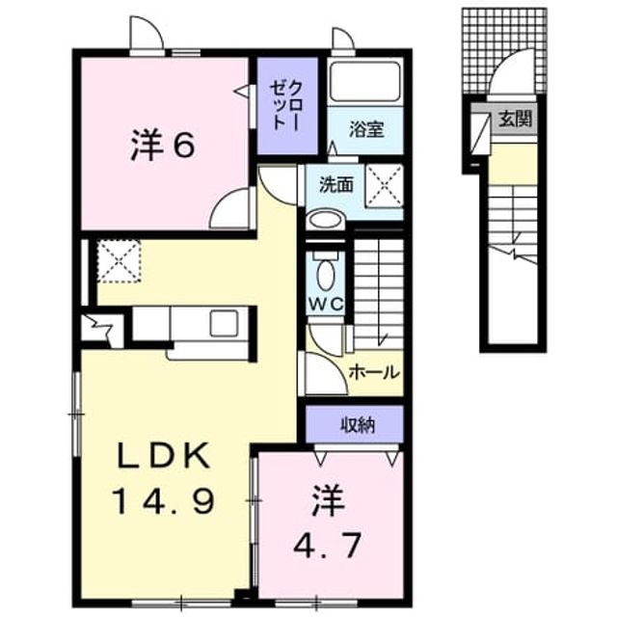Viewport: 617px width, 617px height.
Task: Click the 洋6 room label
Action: pos(162,146)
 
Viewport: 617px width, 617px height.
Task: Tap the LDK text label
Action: pos(163,457)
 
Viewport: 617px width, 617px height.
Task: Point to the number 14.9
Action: pos(164,501)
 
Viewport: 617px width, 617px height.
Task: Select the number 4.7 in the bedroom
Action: pos(328,545)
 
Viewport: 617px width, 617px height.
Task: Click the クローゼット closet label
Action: pos(287,105)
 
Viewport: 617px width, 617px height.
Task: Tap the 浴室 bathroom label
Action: pos(366,130)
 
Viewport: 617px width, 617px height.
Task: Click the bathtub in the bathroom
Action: pos(365,81)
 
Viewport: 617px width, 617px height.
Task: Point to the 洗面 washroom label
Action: pos(335,184)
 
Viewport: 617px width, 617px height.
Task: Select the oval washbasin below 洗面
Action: pos(325,220)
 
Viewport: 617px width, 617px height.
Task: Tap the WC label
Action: pos(326,305)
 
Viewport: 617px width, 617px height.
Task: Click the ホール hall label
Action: pos(374,372)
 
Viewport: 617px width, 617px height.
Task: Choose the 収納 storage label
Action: pos(358,425)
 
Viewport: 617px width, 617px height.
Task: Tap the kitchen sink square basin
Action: pos(224,324)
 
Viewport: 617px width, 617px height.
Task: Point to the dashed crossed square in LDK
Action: pos(119,261)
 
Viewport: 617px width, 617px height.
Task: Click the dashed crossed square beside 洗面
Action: pos(384,186)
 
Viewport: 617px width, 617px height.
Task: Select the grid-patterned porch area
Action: pos(504,51)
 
